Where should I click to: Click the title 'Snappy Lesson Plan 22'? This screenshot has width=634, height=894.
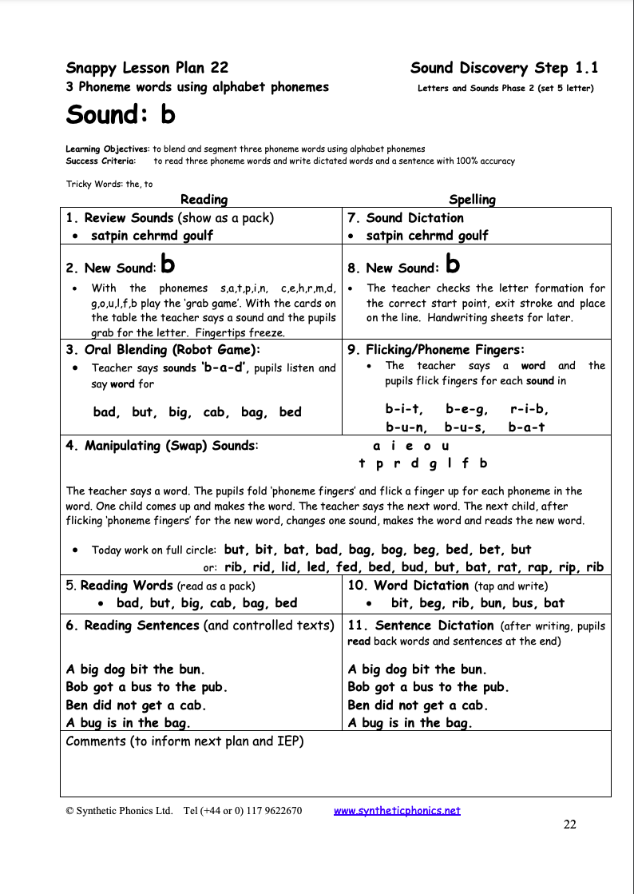[x=147, y=68]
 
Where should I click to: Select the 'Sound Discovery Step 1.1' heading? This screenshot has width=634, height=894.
[x=504, y=68]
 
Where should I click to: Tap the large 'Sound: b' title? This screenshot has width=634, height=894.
[x=120, y=115]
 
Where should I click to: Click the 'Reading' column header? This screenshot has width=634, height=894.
[x=204, y=200]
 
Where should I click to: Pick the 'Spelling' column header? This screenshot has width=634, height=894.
[x=472, y=200]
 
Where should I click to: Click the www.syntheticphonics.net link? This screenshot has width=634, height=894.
[x=397, y=810]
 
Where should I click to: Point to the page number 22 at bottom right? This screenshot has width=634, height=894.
[x=569, y=825]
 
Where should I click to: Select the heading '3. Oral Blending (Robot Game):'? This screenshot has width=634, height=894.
[x=163, y=349]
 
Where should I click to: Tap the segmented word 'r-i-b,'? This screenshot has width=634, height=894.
[x=529, y=409]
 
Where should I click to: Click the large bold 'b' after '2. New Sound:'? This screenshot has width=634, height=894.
[x=168, y=264]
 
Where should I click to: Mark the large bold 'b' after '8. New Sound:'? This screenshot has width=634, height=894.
[x=452, y=264]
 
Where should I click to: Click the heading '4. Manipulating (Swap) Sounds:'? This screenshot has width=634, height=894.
[x=162, y=446]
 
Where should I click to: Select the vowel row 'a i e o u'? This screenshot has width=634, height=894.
[x=411, y=446]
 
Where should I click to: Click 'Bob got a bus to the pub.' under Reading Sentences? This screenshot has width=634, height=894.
[x=146, y=687]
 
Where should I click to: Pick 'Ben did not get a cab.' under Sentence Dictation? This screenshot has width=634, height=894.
[x=418, y=705]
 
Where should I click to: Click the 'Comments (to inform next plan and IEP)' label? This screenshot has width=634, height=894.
[x=184, y=741]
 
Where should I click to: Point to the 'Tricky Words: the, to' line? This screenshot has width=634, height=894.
[x=109, y=184]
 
